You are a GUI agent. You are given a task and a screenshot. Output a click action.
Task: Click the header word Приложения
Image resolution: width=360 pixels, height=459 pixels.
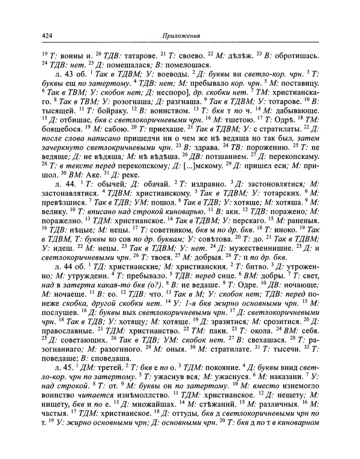click(180, 36)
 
